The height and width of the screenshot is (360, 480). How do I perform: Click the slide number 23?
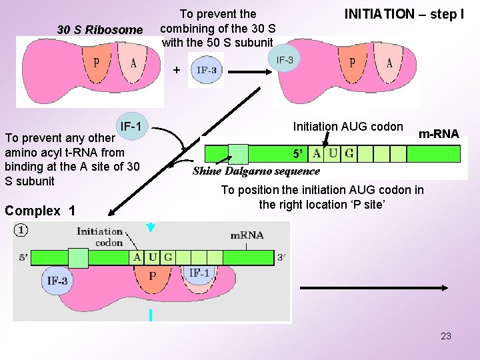pyautogui.click(x=446, y=336)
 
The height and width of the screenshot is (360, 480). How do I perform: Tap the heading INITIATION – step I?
pyautogui.click(x=403, y=14)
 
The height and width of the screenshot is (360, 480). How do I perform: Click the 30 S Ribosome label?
pyautogui.click(x=100, y=30)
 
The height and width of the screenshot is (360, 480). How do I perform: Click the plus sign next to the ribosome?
pyautogui.click(x=176, y=69)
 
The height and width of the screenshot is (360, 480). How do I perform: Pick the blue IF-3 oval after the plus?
pyautogui.click(x=206, y=70)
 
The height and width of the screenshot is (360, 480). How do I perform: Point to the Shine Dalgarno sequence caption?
pyautogui.click(x=256, y=171)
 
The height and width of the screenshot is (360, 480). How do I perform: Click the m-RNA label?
pyautogui.click(x=439, y=134)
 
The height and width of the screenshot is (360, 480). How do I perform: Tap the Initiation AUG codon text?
pyautogui.click(x=348, y=126)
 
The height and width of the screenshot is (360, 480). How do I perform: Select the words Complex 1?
pyautogui.click(x=39, y=211)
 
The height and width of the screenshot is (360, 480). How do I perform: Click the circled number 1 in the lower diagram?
pyautogui.click(x=23, y=231)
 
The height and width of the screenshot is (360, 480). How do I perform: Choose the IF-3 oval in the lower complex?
pyautogui.click(x=57, y=281)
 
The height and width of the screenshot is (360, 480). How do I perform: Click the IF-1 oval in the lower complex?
pyautogui.click(x=200, y=273)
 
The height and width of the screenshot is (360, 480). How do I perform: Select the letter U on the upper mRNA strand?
pyautogui.click(x=333, y=154)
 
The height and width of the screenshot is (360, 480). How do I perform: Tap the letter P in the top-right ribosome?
pyautogui.click(x=353, y=63)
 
